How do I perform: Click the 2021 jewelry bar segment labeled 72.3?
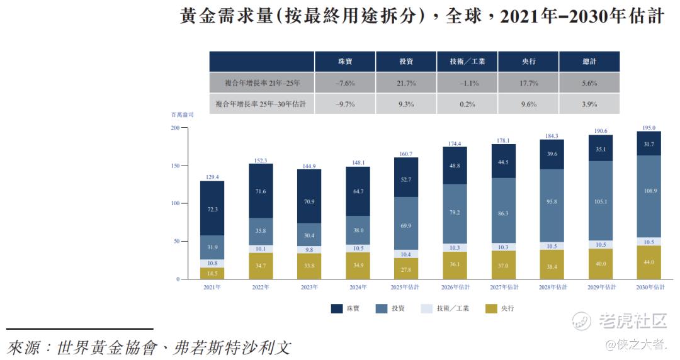tap(212, 208)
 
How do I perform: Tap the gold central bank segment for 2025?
tap(406, 269)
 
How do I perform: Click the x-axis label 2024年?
tap(358, 287)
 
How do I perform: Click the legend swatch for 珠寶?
tap(336, 308)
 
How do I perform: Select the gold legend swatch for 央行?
tap(492, 308)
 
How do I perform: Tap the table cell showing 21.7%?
tap(406, 83)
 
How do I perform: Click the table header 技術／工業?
tap(467, 62)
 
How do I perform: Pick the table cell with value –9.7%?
tap(345, 104)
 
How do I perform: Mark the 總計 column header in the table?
tap(589, 62)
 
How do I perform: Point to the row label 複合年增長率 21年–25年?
tap(262, 83)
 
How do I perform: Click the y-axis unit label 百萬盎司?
tap(182, 115)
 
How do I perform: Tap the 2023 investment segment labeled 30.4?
tap(309, 235)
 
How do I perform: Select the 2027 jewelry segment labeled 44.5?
tap(503, 162)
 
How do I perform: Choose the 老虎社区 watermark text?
tap(632, 321)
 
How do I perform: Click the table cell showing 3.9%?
tap(589, 104)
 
